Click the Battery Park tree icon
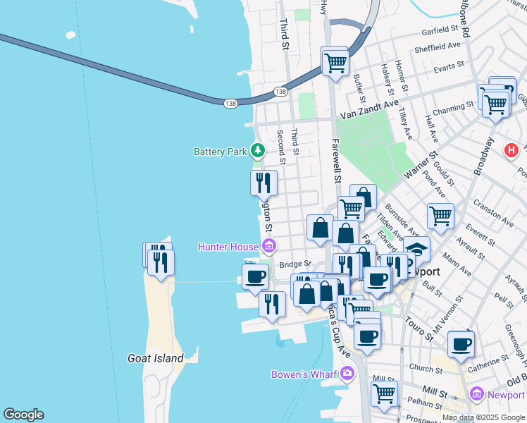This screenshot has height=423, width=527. click(259, 151)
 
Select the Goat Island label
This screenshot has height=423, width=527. click(156, 358)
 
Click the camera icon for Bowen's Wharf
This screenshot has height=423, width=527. click(346, 373)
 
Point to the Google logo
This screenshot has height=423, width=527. click(23, 415)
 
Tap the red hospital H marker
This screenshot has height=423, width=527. click(512, 150)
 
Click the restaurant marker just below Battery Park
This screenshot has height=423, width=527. click(263, 183)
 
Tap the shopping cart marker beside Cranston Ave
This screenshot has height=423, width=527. click(440, 215)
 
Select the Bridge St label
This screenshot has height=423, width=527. click(295, 264)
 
